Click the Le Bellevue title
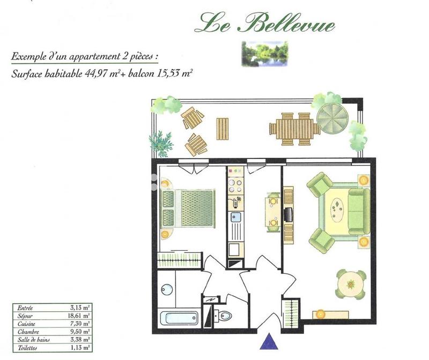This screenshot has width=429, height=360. pos(265,24)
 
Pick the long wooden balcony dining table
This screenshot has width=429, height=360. pos(294,129)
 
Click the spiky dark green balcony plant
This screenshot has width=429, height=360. pos(160,142)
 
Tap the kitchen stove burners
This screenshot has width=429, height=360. pos(234,187)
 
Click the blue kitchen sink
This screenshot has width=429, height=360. pos(234,217)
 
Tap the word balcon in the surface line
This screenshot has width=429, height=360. pos(141,74)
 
